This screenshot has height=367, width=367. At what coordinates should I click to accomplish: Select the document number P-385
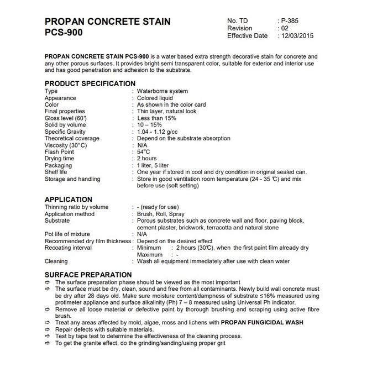pyautogui.click(x=290, y=20)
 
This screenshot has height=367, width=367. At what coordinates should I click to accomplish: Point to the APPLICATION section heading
pyautogui.click(x=68, y=200)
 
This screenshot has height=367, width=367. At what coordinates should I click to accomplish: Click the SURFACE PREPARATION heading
pyautogui.click(x=88, y=275)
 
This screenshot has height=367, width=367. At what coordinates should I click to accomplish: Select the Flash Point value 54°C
pyautogui.click(x=144, y=151)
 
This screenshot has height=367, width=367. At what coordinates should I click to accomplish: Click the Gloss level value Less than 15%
pyautogui.click(x=157, y=118)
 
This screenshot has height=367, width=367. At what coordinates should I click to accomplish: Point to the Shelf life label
pyautogui.click(x=56, y=172)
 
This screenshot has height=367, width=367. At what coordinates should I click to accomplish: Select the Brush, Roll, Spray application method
pyautogui.click(x=161, y=214)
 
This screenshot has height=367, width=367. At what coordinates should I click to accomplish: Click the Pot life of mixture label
pyautogui.click(x=67, y=234)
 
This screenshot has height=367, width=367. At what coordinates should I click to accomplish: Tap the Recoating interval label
pyautogui.click(x=67, y=248)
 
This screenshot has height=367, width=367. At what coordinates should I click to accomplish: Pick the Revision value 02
pyautogui.click(x=285, y=28)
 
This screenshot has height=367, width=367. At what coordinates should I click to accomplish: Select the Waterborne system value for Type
pyautogui.click(x=162, y=91)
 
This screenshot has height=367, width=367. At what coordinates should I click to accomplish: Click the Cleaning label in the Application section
pyautogui.click(x=56, y=261)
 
